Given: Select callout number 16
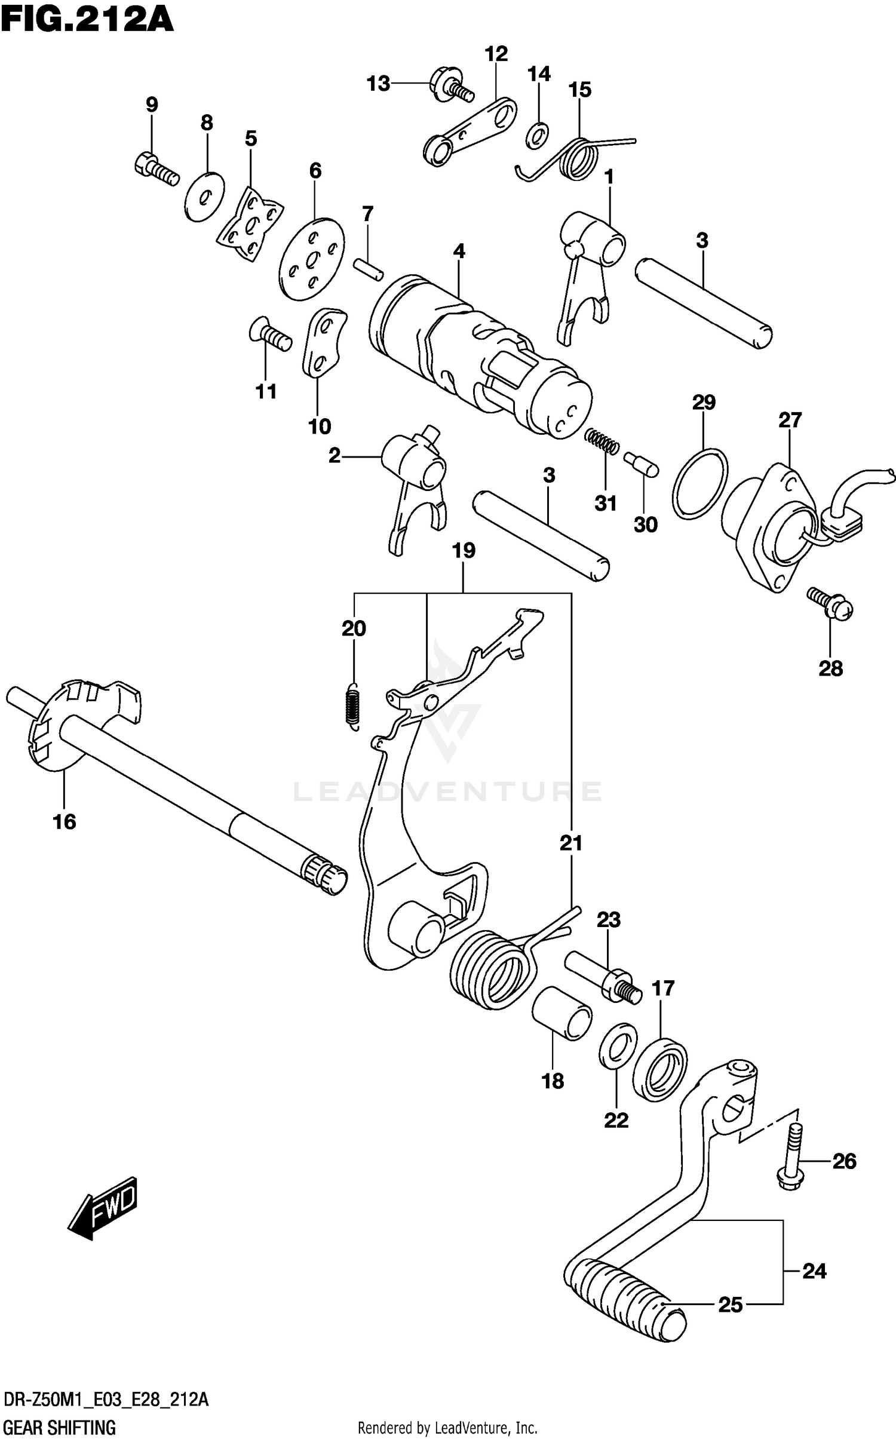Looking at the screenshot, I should tap(65, 822).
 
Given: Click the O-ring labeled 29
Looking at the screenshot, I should tap(699, 482).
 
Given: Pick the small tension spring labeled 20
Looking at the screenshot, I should tap(354, 706).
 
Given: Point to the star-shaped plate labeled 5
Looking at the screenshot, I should tap(250, 224).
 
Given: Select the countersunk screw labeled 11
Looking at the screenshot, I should tap(270, 336).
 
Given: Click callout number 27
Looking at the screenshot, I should tap(789, 420).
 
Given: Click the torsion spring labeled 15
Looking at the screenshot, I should tap(578, 158).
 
